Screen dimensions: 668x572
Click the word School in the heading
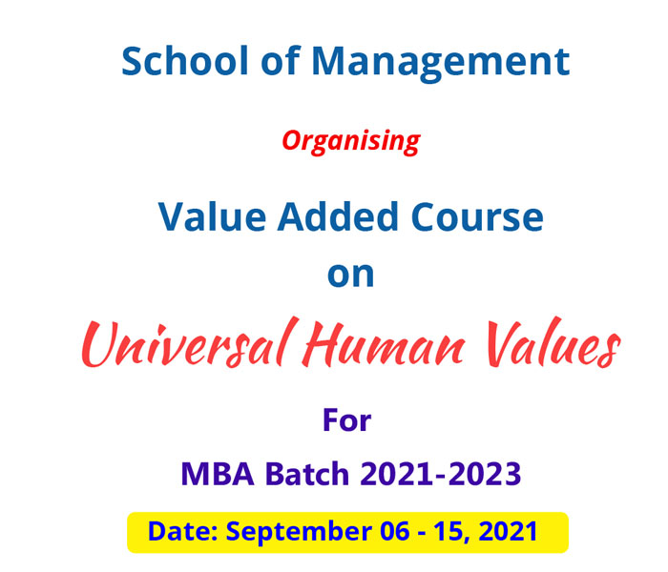point(185,60)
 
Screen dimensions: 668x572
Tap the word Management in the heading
point(441,64)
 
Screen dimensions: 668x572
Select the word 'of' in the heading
point(281,60)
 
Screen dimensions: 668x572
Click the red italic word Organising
point(351,142)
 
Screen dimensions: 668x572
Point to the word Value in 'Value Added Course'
point(212,216)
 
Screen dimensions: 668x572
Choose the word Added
point(338,216)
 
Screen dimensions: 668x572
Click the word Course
point(477,217)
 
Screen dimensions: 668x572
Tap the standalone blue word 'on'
point(350,275)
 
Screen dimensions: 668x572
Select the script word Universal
point(188,342)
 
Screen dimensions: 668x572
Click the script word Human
point(384,344)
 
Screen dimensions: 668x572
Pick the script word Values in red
point(553,342)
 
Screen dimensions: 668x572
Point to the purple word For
point(346,420)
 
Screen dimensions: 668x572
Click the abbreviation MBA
point(218,474)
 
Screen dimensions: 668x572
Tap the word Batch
point(307,473)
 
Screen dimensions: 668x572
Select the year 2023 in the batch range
point(485,474)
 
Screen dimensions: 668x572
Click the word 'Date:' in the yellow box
point(183,531)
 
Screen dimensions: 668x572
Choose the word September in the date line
point(299,533)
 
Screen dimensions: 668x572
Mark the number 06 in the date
point(394,532)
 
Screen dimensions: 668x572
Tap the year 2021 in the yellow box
point(508,532)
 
